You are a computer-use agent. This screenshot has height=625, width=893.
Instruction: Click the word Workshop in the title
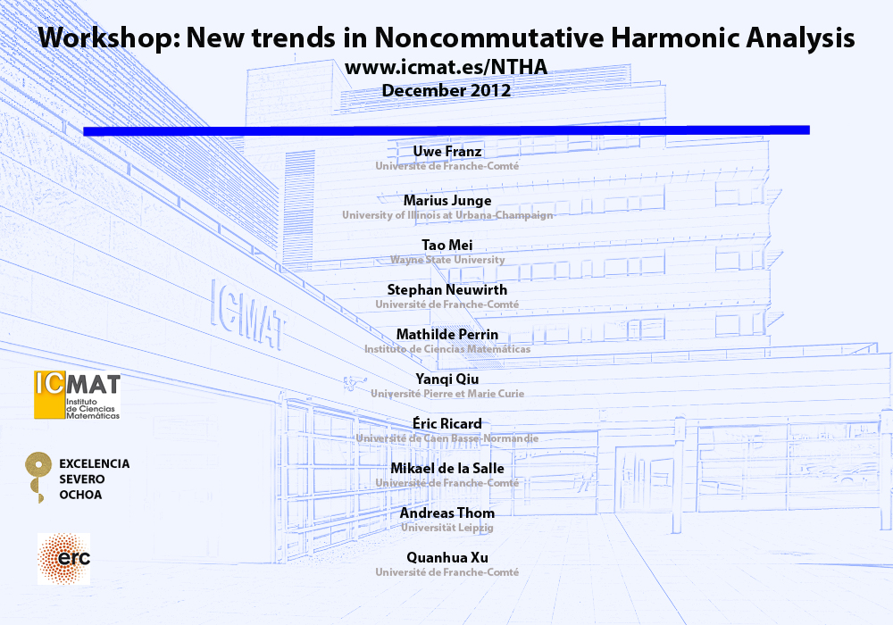tap(109, 38)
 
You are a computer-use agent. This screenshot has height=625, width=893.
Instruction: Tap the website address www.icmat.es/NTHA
tap(446, 67)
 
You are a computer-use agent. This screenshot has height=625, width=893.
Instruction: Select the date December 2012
tap(446, 90)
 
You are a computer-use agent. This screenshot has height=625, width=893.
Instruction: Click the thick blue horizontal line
tap(446, 130)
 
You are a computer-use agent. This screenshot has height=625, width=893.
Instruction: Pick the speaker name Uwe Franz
tap(447, 152)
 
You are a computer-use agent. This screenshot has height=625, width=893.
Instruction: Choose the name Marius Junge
tap(447, 201)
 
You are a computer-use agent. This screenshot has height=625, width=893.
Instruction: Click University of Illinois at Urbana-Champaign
tap(447, 215)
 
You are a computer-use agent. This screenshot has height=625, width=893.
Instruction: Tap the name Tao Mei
tap(447, 246)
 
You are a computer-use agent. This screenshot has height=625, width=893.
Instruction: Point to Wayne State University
tap(447, 260)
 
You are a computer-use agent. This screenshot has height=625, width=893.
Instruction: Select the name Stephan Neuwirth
tap(447, 289)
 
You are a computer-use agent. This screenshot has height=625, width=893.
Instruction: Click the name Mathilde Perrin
tap(447, 334)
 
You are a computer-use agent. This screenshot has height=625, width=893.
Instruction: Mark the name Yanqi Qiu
tap(447, 379)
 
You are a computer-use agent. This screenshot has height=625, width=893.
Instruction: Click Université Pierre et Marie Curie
tap(447, 394)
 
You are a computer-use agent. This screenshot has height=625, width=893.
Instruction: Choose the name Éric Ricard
tap(447, 423)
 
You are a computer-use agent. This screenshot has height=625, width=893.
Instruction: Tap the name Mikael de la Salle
tap(447, 469)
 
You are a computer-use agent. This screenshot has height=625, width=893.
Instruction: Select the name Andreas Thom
tap(447, 512)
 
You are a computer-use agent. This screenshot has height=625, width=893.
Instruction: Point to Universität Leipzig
tap(447, 528)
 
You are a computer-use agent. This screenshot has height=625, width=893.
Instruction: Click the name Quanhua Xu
tap(447, 558)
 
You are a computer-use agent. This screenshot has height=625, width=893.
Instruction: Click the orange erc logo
tap(63, 559)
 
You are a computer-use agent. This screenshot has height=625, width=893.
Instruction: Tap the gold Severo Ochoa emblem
tap(38, 475)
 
